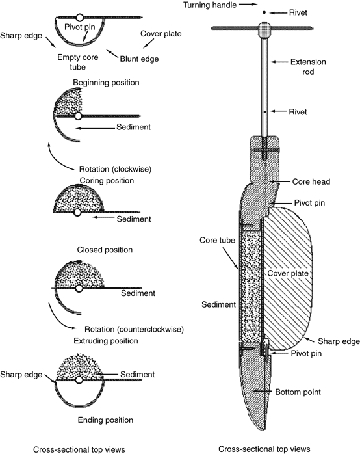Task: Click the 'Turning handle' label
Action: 210,5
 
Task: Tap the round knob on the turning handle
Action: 264,30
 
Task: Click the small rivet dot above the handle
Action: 264,12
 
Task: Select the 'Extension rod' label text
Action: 308,67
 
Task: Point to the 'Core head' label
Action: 311,182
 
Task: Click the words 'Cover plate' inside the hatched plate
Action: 288,273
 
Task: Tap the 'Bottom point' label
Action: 298,392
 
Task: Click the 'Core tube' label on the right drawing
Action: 217,240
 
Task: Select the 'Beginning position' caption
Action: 106,83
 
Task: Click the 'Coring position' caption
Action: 107,181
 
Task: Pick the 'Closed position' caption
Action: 105,250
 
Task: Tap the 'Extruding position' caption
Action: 106,341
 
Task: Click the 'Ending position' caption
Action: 105,420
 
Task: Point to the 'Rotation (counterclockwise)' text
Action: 134,330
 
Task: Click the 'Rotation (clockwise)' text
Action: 115,169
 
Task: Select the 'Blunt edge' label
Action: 139,59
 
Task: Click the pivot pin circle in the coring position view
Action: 77,213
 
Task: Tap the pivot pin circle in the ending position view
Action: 79,380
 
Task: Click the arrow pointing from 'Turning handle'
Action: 248,5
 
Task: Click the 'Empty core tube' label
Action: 78,62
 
